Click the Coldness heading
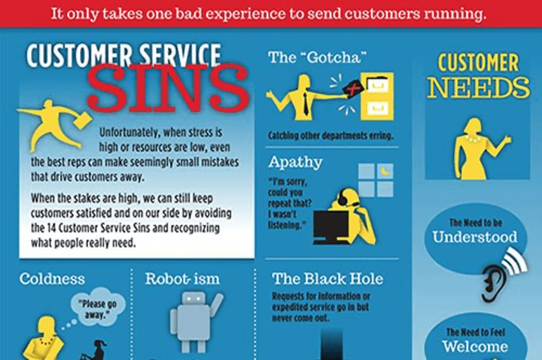pos(52,279)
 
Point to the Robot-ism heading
pos(182,279)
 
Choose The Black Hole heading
pos(328,279)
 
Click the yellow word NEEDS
pos(478,88)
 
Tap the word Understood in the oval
pos(475,237)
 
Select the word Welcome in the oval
pos(475,347)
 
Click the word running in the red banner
pos(452,13)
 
